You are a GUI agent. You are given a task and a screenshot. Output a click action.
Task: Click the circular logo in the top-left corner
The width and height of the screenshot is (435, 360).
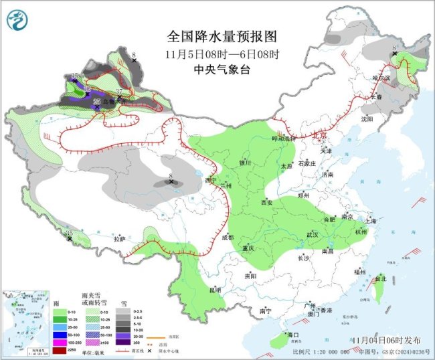[x=17, y=21]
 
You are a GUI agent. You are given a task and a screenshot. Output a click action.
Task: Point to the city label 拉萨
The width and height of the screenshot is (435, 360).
[x=119, y=238]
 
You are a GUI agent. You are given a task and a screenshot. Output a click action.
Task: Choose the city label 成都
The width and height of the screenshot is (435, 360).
[x=226, y=237]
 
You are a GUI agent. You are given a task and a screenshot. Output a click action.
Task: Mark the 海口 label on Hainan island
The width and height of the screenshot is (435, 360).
[x=292, y=334]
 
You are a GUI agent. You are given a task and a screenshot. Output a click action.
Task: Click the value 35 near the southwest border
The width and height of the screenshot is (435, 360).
[x=69, y=233]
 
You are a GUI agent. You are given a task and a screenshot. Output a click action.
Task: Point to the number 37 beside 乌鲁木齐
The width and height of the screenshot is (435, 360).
[x=119, y=92]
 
